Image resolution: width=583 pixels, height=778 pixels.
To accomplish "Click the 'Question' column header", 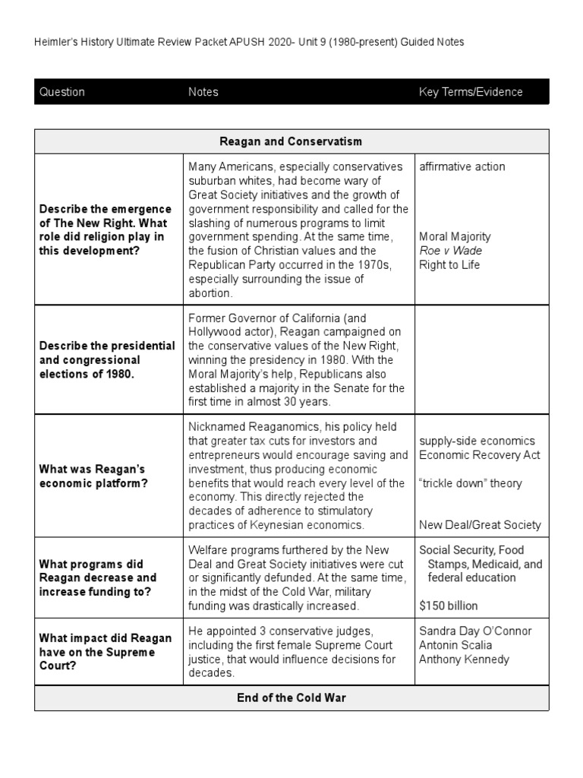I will tap(62, 92).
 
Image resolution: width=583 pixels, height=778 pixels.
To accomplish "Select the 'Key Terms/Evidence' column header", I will tap(471, 92).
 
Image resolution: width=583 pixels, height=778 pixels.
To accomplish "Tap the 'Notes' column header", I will tap(203, 92).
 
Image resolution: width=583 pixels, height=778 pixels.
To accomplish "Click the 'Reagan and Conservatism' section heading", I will tap(291, 141).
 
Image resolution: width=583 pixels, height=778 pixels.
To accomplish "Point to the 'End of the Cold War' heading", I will tap(291, 697).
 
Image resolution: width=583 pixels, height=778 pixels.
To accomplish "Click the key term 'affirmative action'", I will tap(462, 166).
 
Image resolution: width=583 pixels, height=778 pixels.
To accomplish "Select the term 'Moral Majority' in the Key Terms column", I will tap(455, 236).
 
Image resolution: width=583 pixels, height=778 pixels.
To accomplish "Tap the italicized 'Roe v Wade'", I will tap(450, 251).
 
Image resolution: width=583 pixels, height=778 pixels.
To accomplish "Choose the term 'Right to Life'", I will tap(449, 265).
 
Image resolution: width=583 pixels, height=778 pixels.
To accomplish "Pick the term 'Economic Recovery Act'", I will tap(480, 455).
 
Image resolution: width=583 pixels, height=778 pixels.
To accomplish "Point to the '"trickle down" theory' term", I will tap(470, 483).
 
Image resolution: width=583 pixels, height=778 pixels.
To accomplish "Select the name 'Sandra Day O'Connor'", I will tap(475, 631).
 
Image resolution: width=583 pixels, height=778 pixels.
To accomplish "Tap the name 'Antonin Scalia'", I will tap(455, 645).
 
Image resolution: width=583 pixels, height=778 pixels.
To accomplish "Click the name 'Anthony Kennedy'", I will tap(464, 659).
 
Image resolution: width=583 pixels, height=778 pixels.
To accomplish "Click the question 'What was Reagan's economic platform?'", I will tap(92, 476).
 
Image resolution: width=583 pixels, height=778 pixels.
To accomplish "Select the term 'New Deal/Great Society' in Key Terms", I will tap(480, 524).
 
